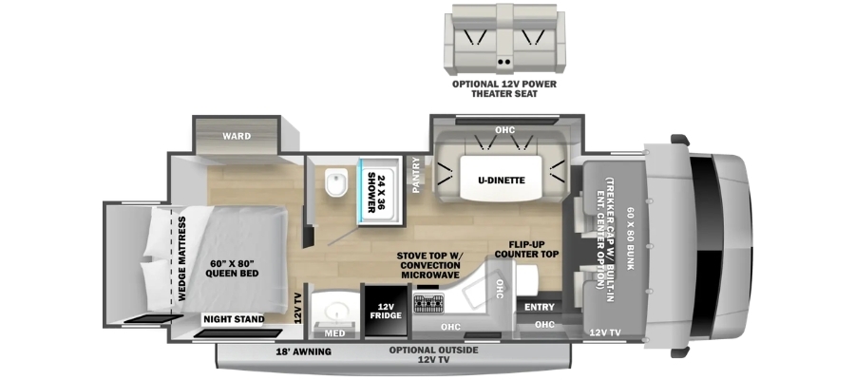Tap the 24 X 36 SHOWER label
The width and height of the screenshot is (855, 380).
coord(378,191)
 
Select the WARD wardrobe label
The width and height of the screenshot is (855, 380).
coord(237,136)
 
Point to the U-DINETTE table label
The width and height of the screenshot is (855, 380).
coord(500,180)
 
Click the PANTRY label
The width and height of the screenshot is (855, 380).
coord(417,175)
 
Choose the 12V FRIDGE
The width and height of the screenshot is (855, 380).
coord(388,311)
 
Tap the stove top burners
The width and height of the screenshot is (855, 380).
coord(428,303)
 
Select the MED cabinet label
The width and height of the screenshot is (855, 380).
coord(335,333)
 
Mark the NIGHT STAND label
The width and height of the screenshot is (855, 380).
coord(234,319)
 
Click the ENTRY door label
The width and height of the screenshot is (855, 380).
coord(540,307)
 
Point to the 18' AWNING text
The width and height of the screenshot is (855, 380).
coord(304,351)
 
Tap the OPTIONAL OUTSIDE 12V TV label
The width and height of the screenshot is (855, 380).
coord(433,353)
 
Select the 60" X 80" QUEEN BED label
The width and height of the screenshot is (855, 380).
coord(232,269)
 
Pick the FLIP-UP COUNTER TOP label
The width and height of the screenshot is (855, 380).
coord(526,249)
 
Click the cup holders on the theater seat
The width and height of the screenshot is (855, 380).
coord(504,62)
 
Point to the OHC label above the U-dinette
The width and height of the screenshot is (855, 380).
coord(505,130)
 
